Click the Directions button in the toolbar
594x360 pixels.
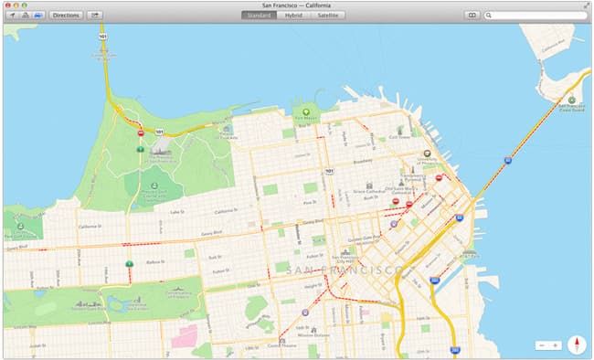coord(66,16)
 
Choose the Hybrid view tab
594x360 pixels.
coord(293,16)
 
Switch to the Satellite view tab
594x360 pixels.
coord(326,16)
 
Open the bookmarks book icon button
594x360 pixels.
coord(472,16)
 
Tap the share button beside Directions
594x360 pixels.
coord(95,16)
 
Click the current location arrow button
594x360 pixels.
coord(10,16)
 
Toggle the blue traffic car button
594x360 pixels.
coord(37,16)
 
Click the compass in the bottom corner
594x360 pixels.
coord(576,344)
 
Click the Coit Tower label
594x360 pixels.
coord(399,138)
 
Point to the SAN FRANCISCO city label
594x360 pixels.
coord(345,270)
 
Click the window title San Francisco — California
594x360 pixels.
coord(296,5)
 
